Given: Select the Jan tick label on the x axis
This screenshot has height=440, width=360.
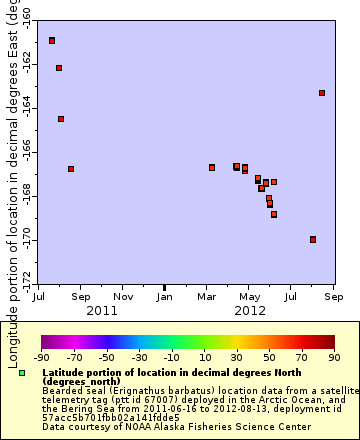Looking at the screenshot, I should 165,297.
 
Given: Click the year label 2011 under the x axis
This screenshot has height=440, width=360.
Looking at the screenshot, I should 101,311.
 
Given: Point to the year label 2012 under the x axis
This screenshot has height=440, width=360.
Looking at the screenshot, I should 249,311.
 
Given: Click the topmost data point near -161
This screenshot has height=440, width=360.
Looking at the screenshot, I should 52,40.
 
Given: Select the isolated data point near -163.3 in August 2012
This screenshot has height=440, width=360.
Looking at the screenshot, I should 322,93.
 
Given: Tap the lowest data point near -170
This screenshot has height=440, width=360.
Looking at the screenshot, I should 313,239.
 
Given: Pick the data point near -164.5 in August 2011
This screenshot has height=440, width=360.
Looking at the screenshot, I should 61,119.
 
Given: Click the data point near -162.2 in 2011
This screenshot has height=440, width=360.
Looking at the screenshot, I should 59,68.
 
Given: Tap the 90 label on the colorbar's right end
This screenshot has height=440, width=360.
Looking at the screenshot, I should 333,357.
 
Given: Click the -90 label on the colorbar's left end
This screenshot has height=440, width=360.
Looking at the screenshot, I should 41,357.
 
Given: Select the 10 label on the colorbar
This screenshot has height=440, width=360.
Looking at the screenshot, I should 204,357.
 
